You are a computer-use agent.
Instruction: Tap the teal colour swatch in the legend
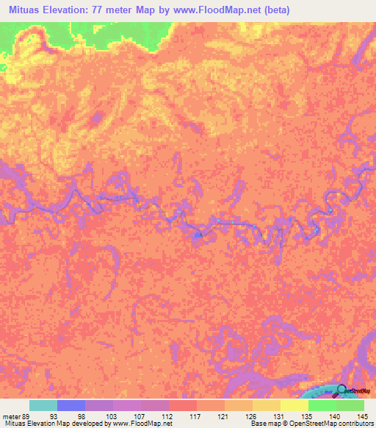pos(43,405)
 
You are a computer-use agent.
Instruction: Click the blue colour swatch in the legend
pos(71,405)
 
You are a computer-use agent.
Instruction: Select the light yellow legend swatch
pos(294,405)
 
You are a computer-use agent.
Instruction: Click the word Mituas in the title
pos(23,10)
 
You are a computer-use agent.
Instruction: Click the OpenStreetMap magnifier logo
pos(342,390)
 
